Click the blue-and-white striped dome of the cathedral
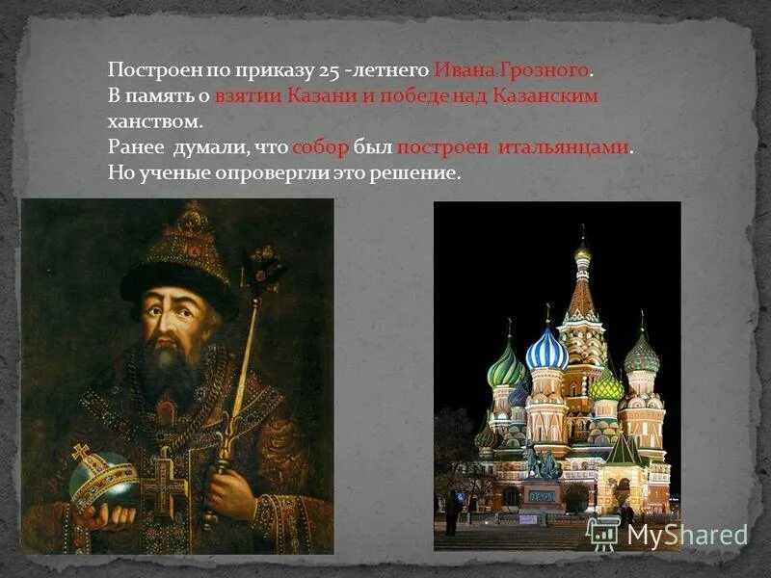point(546,350)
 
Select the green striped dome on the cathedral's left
point(506,367)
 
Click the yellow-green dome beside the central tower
point(607,386)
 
